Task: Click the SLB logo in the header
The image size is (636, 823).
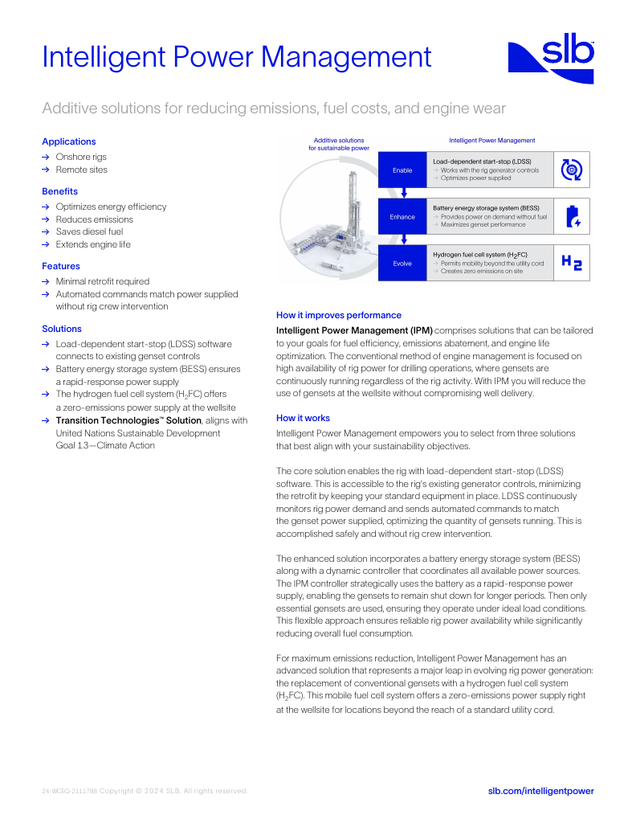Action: pos(551,61)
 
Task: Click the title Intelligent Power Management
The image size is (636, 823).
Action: pos(237,57)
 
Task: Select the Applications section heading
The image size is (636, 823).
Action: pos(68,141)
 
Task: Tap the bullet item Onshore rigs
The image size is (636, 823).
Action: pos(80,157)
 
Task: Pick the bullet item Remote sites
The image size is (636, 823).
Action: pos(81,170)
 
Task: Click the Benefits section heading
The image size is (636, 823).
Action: pos(59,191)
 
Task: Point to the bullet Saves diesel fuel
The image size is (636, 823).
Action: pos(89,231)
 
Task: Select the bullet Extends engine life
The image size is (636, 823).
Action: pos(92,244)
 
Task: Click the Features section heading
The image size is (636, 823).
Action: pos(61,266)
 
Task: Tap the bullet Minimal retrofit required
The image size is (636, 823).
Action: pos(102,281)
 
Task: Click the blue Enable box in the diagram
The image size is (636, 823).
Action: pos(402,170)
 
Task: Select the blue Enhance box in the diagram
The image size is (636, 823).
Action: pos(402,216)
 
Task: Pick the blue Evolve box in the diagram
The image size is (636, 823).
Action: pos(402,263)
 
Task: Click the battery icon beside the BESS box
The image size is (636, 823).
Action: pos(572,216)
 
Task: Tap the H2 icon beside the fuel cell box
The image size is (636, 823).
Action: pos(572,262)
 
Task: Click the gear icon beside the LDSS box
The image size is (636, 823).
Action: pos(572,169)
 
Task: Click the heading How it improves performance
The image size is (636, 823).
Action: pos(338,315)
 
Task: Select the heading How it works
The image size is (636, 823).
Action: pos(303,418)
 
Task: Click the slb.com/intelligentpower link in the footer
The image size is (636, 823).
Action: pos(540,791)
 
